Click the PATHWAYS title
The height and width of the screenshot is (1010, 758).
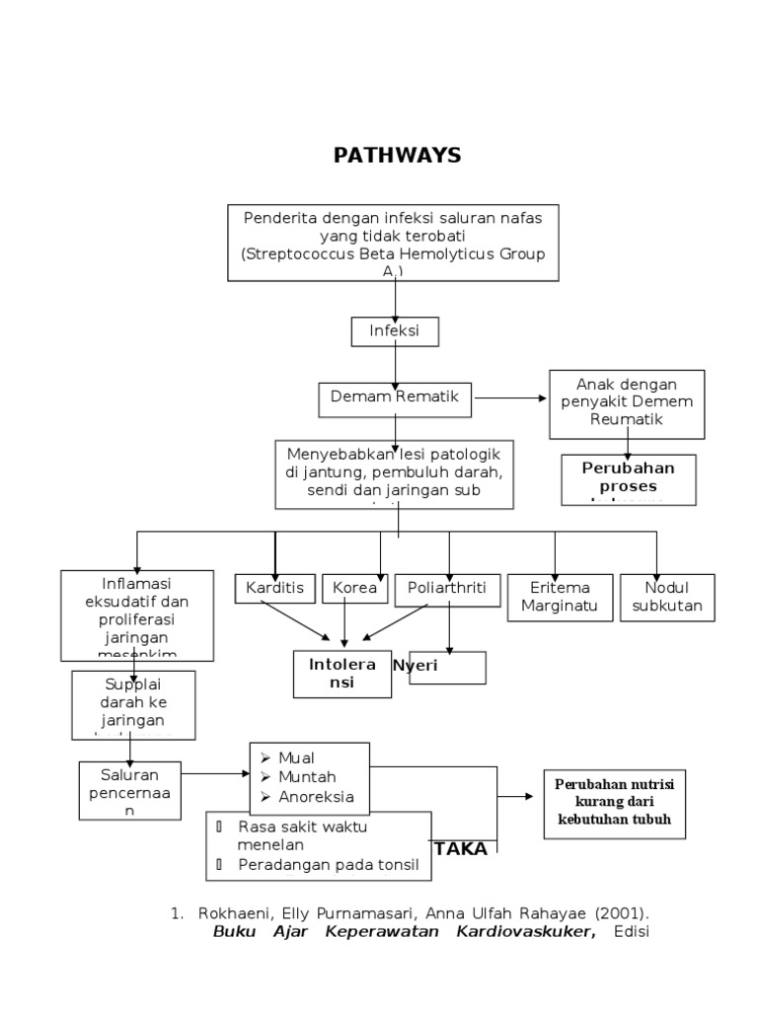397,156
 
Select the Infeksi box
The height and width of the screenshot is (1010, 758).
395,331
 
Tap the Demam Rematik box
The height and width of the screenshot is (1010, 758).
396,397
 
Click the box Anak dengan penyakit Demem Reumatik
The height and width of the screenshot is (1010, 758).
627,403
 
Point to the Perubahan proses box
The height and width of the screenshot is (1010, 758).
628,478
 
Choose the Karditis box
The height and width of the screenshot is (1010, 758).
274,589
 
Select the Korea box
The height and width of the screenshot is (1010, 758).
354,589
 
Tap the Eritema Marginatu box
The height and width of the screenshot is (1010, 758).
553,598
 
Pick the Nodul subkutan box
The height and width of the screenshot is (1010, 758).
667,598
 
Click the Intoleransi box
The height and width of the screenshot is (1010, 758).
342,674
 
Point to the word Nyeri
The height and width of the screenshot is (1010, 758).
416,666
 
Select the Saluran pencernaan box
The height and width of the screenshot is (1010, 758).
131,790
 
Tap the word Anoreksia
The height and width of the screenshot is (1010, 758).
317,797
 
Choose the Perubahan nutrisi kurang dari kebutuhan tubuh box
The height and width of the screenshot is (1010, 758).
615,804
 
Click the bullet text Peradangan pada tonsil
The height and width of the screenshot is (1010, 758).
328,865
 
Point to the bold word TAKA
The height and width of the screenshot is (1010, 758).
461,849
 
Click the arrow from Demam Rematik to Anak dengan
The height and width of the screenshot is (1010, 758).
511,397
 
